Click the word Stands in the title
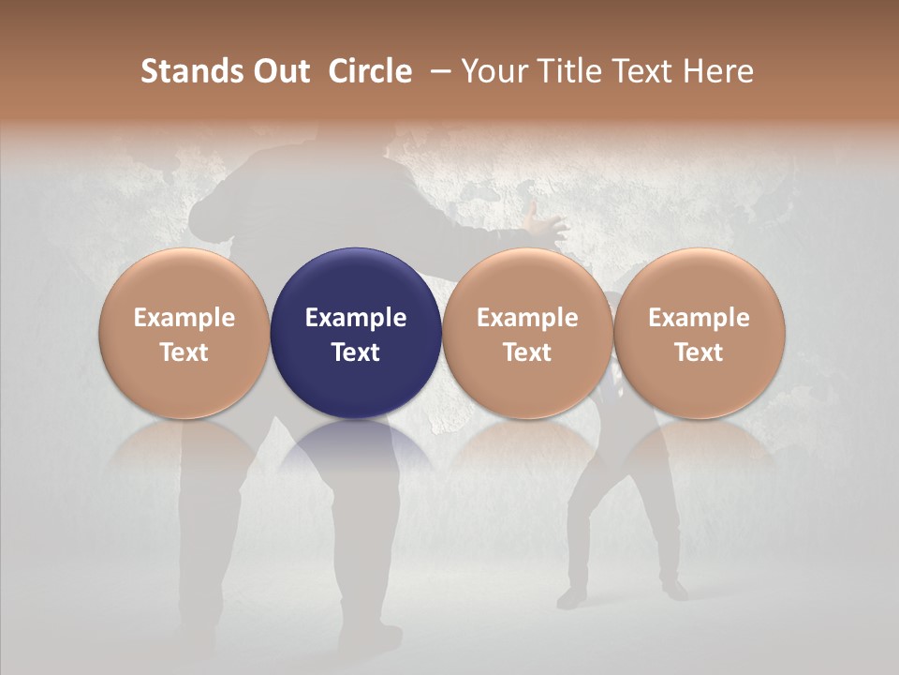[190, 71]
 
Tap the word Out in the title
[279, 71]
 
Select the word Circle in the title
[370, 71]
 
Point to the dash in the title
[437, 71]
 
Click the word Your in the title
[493, 71]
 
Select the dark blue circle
[356, 333]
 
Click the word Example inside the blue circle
[356, 318]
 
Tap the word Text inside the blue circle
[356, 352]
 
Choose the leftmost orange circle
[184, 333]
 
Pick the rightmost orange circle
[700, 333]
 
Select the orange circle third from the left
[527, 333]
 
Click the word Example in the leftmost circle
[184, 318]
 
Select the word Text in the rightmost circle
[700, 352]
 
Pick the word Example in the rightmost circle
[700, 318]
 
